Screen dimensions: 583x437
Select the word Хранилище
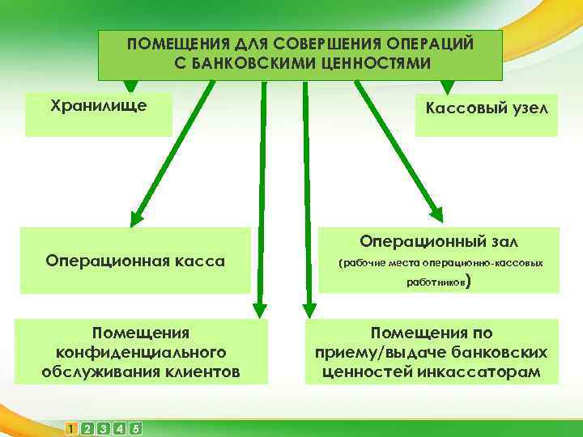pyautogui.click(x=99, y=105)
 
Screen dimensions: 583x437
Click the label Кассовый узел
pyautogui.click(x=486, y=108)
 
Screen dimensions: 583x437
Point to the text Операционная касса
pyautogui.click(x=135, y=261)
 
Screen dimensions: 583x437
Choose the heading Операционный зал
pyautogui.click(x=439, y=241)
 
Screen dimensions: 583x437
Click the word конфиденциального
pyautogui.click(x=140, y=353)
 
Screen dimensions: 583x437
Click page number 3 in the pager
pyautogui.click(x=104, y=427)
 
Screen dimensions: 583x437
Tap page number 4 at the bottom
pyautogui.click(x=120, y=427)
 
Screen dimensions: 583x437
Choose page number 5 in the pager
pyautogui.click(x=135, y=427)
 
